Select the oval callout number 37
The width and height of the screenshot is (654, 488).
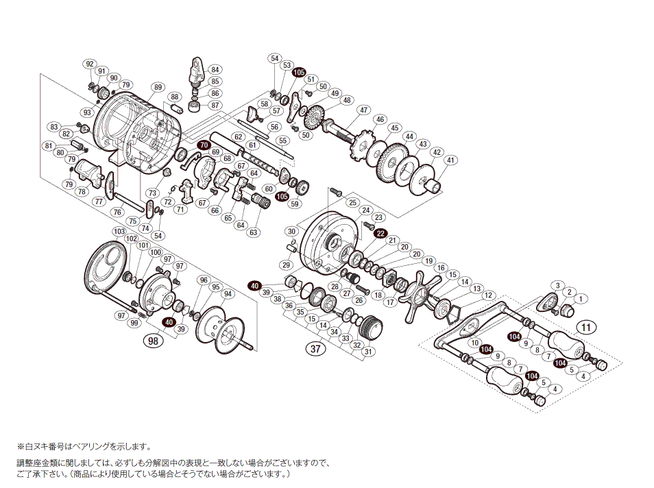tap(315, 349)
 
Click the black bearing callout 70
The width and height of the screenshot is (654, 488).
tap(204, 145)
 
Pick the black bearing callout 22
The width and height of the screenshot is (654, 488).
tap(380, 233)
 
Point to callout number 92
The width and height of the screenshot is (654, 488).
tap(88, 64)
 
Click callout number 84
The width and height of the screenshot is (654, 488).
tap(215, 69)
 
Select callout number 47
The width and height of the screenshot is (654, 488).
tap(363, 110)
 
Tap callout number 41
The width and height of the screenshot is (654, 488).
tap(450, 160)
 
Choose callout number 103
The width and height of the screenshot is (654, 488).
tap(120, 232)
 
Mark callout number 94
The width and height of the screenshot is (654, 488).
tap(228, 294)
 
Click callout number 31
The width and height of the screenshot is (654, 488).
tap(369, 352)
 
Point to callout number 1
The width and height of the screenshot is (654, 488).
tap(581, 298)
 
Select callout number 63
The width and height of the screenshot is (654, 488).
tap(254, 232)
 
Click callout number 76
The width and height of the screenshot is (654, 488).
tap(117, 212)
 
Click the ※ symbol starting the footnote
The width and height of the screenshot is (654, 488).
tap(21, 446)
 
